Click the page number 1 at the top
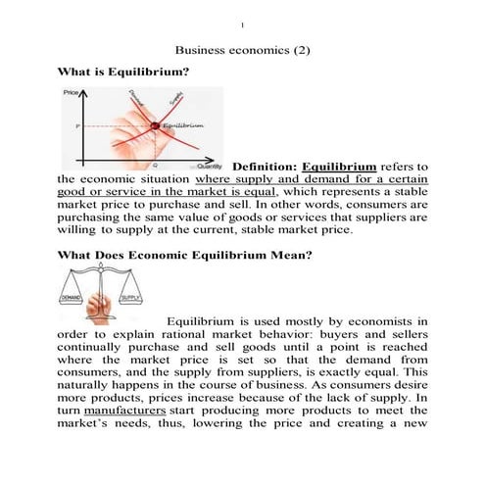click(x=242, y=23)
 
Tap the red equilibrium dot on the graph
click(x=154, y=125)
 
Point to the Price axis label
click(x=70, y=93)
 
